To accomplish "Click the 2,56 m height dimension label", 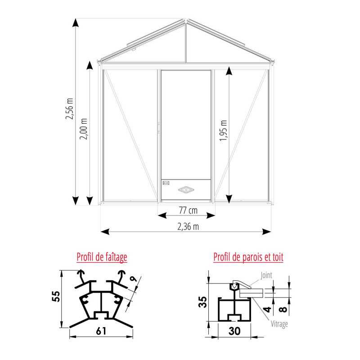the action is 69,109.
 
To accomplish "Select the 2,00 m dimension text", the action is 83,129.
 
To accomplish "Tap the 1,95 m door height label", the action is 223,130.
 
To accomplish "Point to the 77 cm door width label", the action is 188,210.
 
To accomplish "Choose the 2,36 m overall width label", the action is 188,227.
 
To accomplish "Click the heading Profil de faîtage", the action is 102,257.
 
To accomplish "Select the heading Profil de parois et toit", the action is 248,257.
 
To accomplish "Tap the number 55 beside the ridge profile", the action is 56,297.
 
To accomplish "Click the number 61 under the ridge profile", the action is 101,331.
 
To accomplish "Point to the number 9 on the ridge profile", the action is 133,279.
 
